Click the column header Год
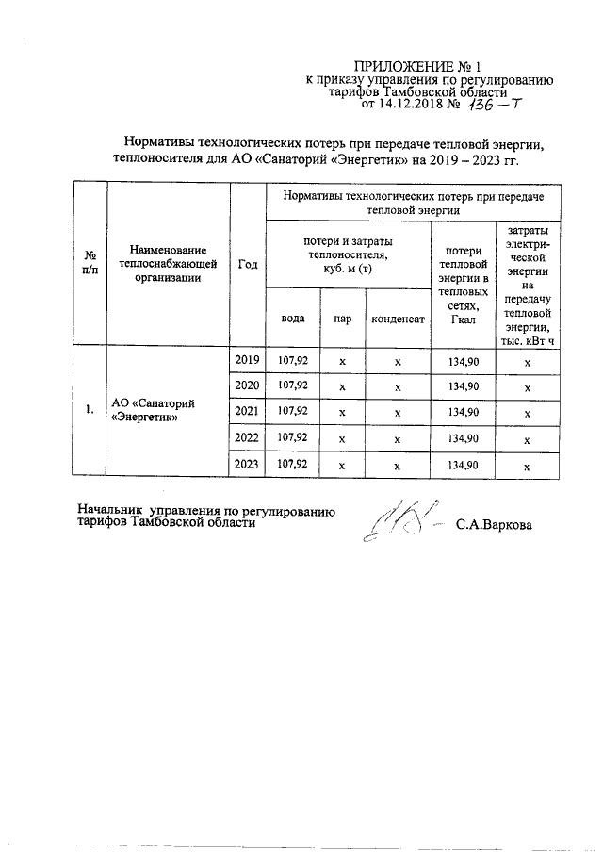pos(248,264)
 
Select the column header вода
pos(293,319)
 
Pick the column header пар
pos(343,319)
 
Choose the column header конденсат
pos(398,319)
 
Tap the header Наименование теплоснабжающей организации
pos(168,263)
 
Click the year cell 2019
pos(248,360)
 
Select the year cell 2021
pos(248,412)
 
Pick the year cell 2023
pos(248,465)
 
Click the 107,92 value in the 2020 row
pos(293,386)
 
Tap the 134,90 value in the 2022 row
pos(462,438)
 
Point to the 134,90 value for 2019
pos(462,360)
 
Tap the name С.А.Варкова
pos(494,525)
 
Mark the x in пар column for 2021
pos(343,413)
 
